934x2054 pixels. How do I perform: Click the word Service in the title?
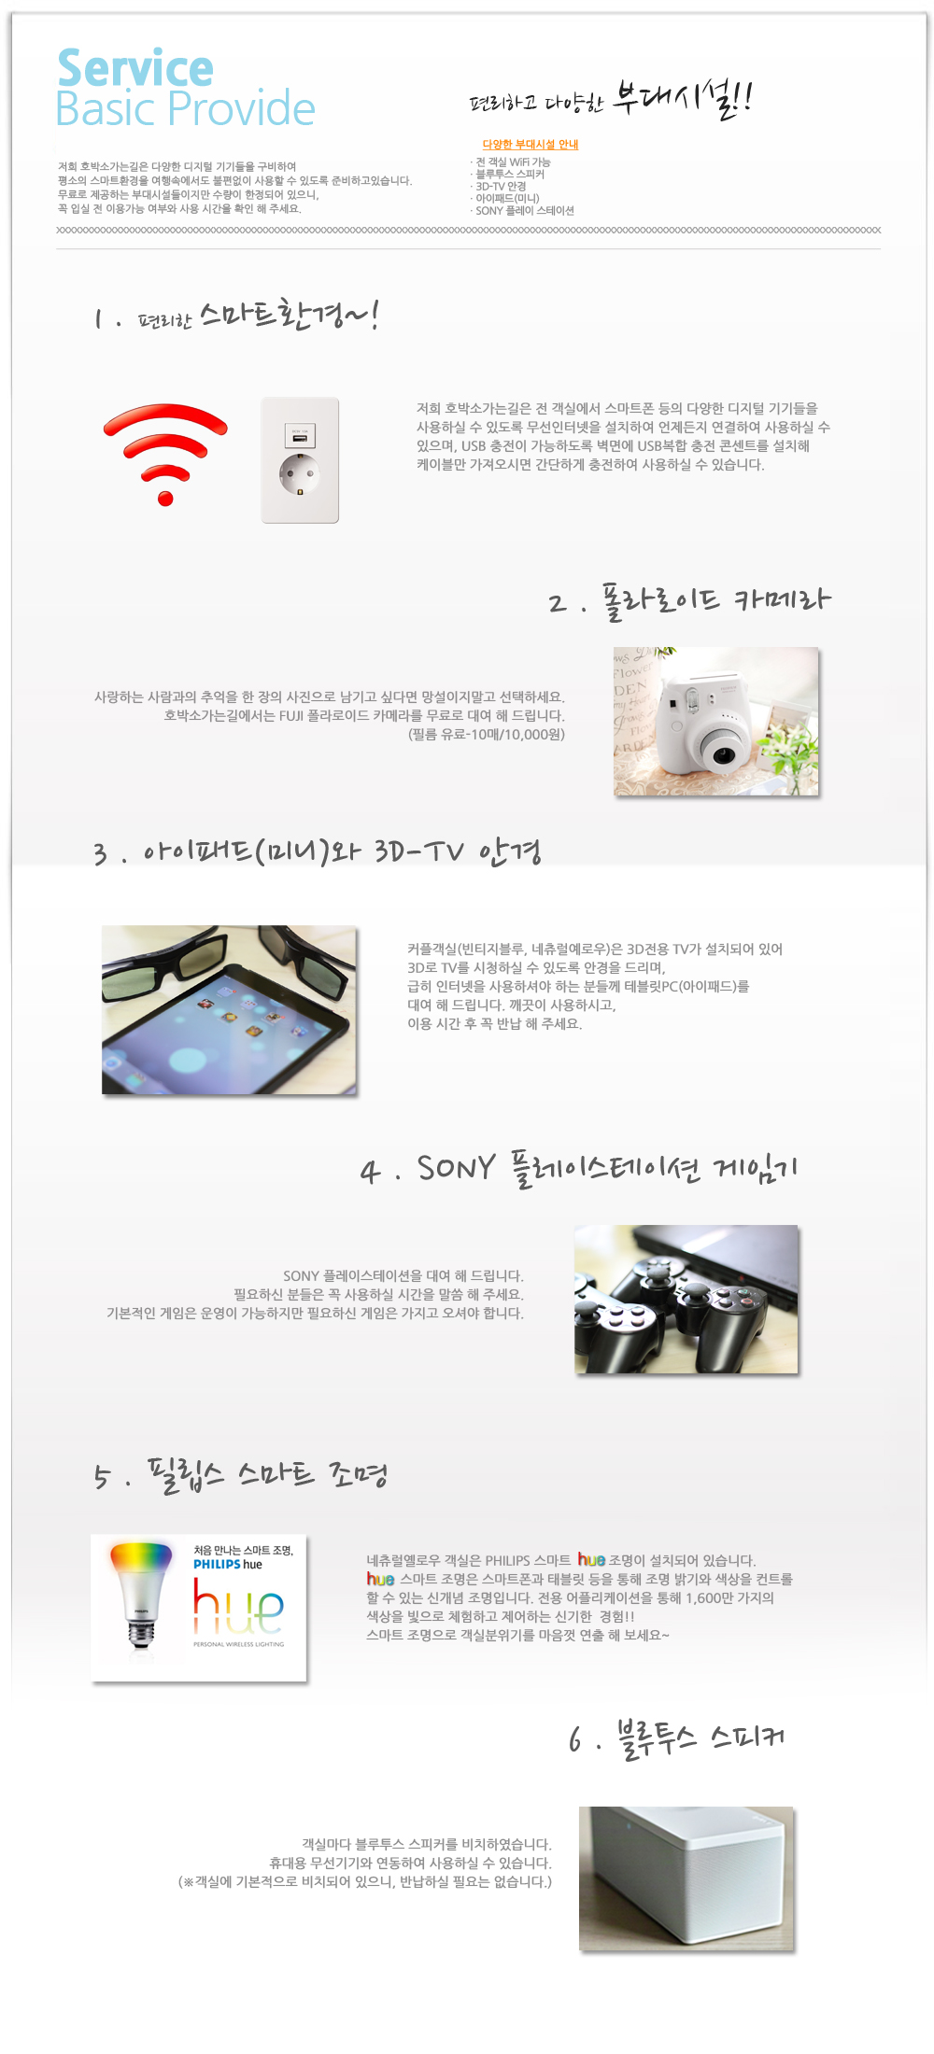135,68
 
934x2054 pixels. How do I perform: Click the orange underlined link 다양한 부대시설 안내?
531,145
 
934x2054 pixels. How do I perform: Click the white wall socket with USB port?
300,460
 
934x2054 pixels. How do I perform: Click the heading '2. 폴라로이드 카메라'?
689,600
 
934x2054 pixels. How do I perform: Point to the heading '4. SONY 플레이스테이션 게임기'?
579,1169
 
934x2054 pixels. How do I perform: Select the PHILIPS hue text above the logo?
228,1564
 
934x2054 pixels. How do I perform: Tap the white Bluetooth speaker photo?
686,1878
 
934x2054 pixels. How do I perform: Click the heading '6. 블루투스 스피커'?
677,1737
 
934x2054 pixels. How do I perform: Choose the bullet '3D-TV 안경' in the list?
500,187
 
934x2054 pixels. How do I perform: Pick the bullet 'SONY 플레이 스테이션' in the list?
523,211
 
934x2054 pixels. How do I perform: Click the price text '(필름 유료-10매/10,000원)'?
487,735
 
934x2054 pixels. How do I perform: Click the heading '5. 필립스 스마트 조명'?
241,1474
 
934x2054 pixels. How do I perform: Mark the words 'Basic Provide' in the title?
186,109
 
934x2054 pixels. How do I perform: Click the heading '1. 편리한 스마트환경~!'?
236,316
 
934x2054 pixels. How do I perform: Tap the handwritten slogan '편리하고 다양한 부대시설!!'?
611,99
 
